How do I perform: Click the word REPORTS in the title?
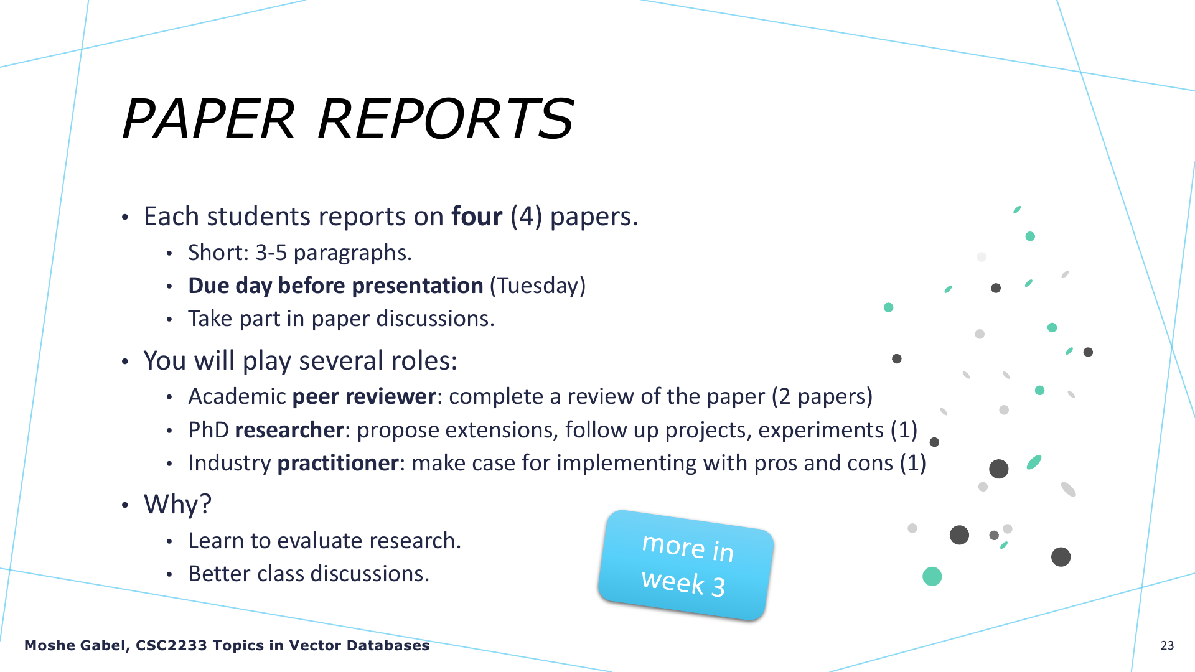tap(446, 119)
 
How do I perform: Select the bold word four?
tap(477, 217)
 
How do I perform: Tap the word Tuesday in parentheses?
tap(538, 286)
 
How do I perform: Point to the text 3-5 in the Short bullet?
tap(271, 253)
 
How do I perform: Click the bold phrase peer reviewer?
tap(364, 396)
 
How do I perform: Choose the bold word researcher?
tap(289, 430)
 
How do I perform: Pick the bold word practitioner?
tap(337, 463)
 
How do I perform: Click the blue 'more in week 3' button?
tap(686, 565)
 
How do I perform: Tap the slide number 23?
tap(1167, 645)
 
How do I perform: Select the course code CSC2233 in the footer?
tap(171, 646)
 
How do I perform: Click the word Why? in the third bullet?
tap(178, 504)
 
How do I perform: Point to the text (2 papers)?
tap(822, 396)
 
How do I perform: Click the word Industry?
tap(230, 463)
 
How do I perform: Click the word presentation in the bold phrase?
tap(418, 286)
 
